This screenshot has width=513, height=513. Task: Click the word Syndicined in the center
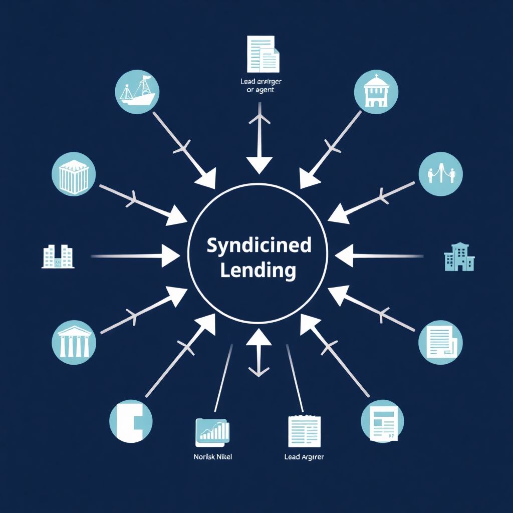[259, 246]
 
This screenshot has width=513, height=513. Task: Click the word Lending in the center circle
[258, 270]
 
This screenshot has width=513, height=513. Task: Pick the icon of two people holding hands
[440, 174]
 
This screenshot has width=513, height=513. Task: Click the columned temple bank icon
[74, 342]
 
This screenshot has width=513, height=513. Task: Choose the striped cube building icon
[74, 174]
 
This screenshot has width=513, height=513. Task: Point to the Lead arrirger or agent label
[258, 86]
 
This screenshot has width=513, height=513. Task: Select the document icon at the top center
[262, 54]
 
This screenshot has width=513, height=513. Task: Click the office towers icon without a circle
[58, 256]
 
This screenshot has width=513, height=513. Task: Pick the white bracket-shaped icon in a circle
[131, 421]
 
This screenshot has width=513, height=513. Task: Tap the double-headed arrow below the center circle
[259, 353]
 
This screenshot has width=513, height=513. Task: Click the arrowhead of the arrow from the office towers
[170, 256]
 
